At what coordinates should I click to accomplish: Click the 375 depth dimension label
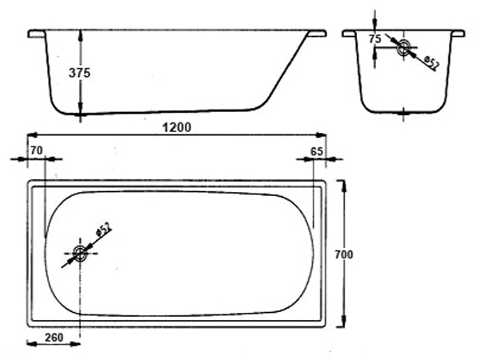pyautogui.click(x=79, y=73)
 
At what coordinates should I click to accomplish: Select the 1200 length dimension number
pyautogui.click(x=177, y=127)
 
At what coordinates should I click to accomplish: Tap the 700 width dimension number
pyautogui.click(x=344, y=254)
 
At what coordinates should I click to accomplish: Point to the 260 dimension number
pyautogui.click(x=54, y=338)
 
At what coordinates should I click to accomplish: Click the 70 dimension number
pyautogui.click(x=37, y=150)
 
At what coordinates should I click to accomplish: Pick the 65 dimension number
pyautogui.click(x=317, y=151)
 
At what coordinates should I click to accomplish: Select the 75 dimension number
pyautogui.click(x=375, y=39)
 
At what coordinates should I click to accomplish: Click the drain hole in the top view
pyautogui.click(x=80, y=254)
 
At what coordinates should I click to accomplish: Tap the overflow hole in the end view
pyautogui.click(x=404, y=47)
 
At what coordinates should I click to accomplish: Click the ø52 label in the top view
pyautogui.click(x=104, y=229)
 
